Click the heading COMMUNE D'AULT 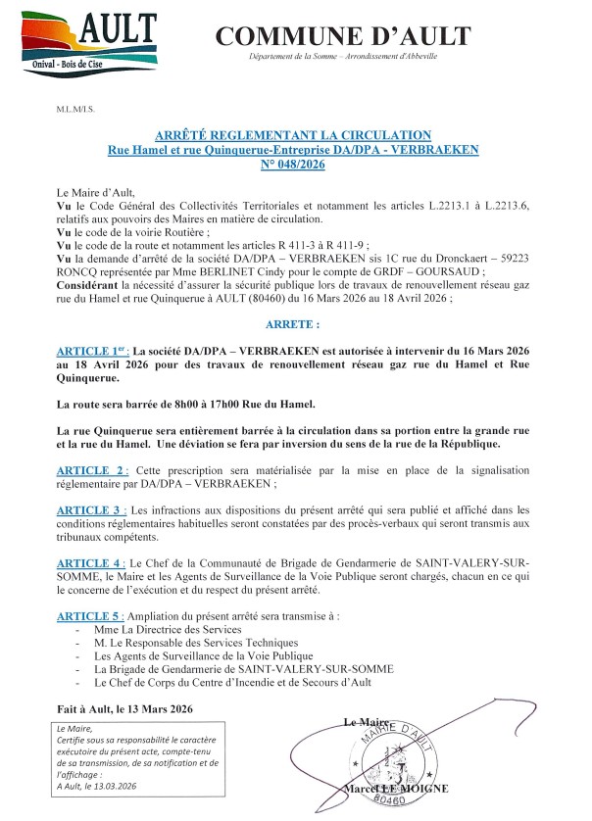343,37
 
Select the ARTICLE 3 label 92,509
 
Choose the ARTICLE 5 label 92,614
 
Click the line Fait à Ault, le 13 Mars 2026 124,707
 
